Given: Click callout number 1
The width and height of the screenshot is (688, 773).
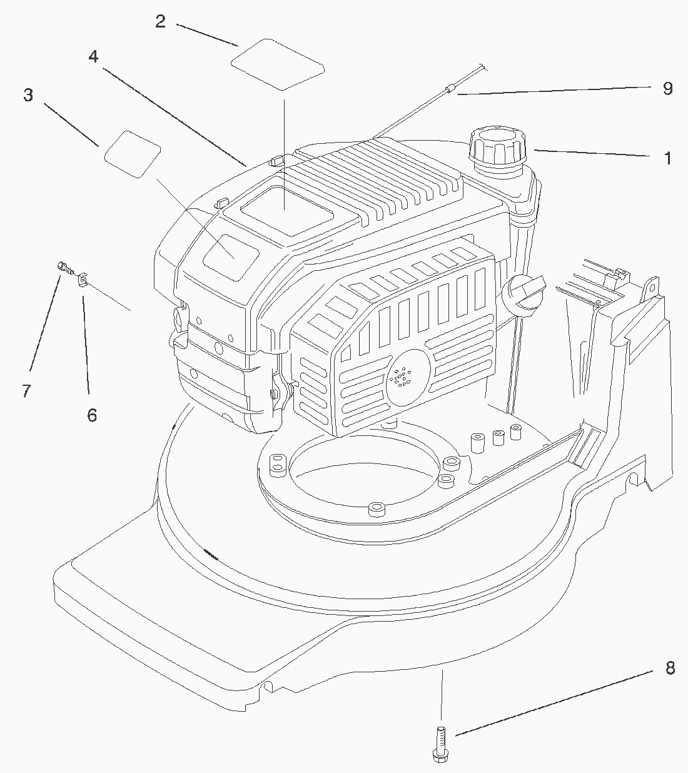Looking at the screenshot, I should pyautogui.click(x=667, y=158).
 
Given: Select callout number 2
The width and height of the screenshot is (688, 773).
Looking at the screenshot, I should pyautogui.click(x=160, y=21).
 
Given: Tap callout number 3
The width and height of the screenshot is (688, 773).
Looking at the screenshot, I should pyautogui.click(x=28, y=96).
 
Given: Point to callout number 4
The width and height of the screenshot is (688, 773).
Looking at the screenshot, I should pyautogui.click(x=93, y=57).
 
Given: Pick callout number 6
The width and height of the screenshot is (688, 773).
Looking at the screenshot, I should pyautogui.click(x=92, y=415).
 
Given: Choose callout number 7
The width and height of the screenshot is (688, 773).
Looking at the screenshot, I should pyautogui.click(x=26, y=391).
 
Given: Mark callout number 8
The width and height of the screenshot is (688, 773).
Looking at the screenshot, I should pyautogui.click(x=670, y=669).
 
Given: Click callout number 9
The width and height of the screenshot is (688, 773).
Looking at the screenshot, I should pyautogui.click(x=667, y=89).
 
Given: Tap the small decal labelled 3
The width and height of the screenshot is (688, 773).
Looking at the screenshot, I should pyautogui.click(x=133, y=153).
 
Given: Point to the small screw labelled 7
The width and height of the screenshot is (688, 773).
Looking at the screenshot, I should pyautogui.click(x=63, y=267).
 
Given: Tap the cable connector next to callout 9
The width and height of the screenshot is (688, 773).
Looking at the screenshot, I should pyautogui.click(x=448, y=89).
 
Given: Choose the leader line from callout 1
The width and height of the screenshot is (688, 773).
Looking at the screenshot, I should pyautogui.click(x=591, y=153).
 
